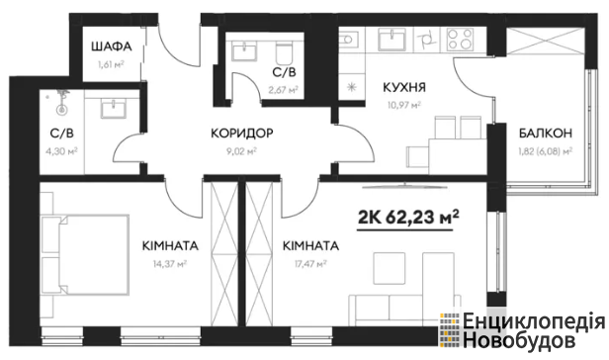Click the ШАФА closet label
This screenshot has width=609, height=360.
112,47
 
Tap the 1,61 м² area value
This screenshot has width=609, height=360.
111,64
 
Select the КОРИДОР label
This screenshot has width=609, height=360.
242,134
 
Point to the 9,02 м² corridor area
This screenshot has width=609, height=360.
241,151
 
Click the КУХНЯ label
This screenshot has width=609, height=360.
404,87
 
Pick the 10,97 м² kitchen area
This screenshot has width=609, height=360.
404,105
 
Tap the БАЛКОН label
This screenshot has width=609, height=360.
546,134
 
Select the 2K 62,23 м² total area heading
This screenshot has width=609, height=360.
407,217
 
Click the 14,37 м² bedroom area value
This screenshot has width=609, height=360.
170,264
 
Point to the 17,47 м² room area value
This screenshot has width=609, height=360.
310,264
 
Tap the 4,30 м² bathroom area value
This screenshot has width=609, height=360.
61,150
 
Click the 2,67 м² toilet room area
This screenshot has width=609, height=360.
284,90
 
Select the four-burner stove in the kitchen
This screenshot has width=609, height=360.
460,40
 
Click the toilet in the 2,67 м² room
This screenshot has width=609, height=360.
285,52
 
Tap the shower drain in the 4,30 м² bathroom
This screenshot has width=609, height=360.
61,110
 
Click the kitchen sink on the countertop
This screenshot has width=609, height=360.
391,40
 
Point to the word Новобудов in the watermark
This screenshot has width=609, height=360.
519,340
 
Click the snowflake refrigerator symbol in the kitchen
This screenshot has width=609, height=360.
352,87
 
